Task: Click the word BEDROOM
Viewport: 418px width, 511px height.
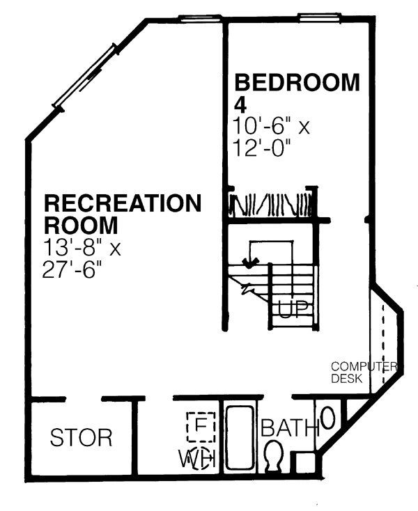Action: (x=297, y=82)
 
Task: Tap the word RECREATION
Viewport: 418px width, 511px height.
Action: (x=123, y=203)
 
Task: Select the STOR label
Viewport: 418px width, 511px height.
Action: (x=81, y=437)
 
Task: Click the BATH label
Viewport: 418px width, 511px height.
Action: (x=290, y=427)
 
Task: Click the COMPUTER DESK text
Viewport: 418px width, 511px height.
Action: (x=364, y=372)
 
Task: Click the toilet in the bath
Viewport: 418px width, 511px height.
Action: (x=273, y=455)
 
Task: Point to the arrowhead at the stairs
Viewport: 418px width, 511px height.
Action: (x=250, y=263)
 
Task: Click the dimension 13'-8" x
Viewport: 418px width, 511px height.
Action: (x=82, y=248)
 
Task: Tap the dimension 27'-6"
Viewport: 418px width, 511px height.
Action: (x=72, y=270)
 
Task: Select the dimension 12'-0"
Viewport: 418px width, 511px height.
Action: (x=261, y=148)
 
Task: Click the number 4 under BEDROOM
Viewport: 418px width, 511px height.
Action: (x=240, y=104)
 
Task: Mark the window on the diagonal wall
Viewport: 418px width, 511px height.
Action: (x=86, y=77)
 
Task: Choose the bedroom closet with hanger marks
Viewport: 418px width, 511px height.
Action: (x=271, y=205)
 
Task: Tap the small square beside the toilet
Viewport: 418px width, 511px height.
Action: (x=306, y=463)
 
